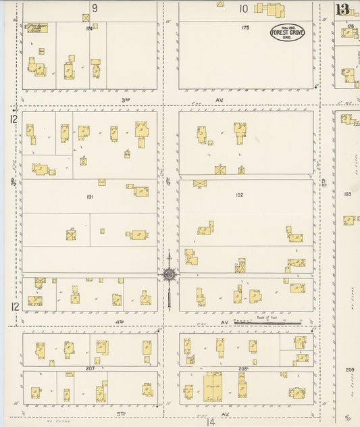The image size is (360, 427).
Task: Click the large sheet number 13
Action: coord(342,9)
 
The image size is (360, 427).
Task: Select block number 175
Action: coord(245,28)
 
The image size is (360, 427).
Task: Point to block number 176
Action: coord(350,26)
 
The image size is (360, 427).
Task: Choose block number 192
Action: coord(239,195)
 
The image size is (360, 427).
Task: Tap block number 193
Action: coord(347,194)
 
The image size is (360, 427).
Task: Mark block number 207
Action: coord(90,369)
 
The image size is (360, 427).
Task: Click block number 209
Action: coord(349,370)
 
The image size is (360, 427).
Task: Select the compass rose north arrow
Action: coord(168,274)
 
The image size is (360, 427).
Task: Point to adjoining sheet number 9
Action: coord(95,8)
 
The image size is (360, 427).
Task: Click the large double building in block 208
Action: coord(213,386)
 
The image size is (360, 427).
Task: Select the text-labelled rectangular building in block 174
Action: coord(36,28)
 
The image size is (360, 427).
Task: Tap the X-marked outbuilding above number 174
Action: coord(86,18)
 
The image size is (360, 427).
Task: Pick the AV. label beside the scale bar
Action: coord(225,323)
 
